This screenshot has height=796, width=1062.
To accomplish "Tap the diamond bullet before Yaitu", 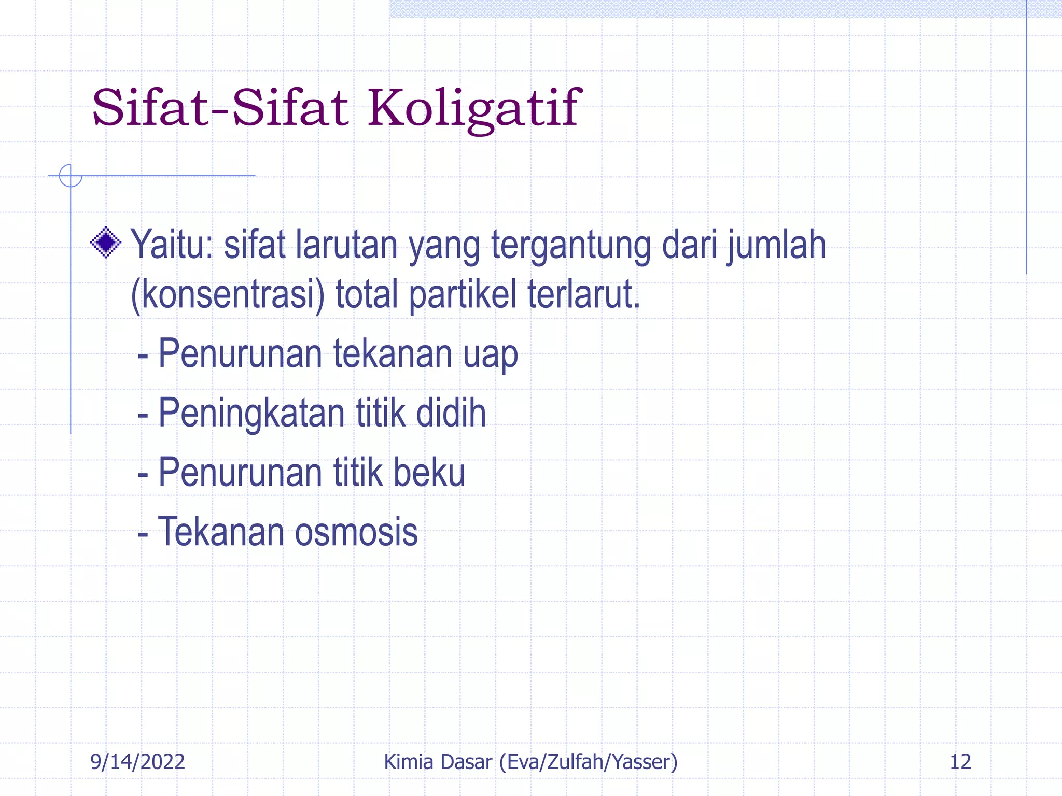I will [106, 242].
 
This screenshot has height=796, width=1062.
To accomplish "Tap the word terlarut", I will [584, 293].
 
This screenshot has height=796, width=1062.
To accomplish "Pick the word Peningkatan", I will [251, 414].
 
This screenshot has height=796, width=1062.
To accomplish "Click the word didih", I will [451, 413].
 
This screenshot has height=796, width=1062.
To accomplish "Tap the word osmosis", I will [356, 532].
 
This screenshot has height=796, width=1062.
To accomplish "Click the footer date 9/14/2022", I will [137, 762].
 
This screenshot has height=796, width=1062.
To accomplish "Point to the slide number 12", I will [960, 762].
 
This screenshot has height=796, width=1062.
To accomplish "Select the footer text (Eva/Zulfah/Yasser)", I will [588, 762].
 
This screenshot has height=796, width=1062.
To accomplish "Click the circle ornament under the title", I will [71, 175].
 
